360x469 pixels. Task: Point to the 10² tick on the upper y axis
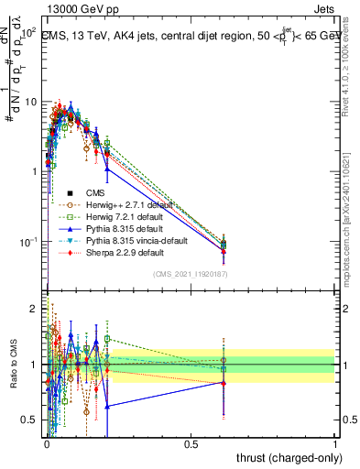pos(30,31)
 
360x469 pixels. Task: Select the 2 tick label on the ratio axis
pos(35,309)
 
